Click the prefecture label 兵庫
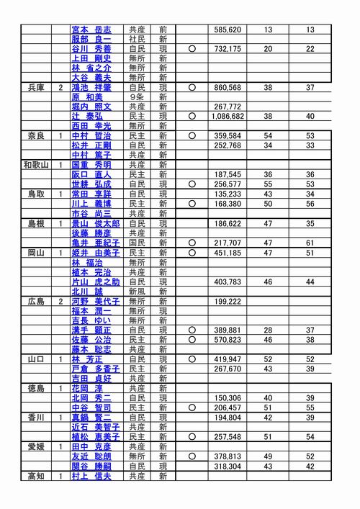pyautogui.click(x=35, y=87)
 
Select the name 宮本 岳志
pyautogui.click(x=91, y=30)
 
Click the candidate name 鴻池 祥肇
pyautogui.click(x=91, y=87)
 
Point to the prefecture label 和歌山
pyautogui.click(x=35, y=165)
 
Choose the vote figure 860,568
pyautogui.click(x=227, y=87)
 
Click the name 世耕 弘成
pyautogui.click(x=91, y=184)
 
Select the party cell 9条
pyautogui.click(x=137, y=96)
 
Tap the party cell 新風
pyautogui.click(x=137, y=292)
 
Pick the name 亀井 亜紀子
pyautogui.click(x=96, y=243)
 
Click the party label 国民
pyautogui.click(x=137, y=243)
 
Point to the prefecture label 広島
pyautogui.click(x=35, y=301)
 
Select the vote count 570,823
pyautogui.click(x=227, y=340)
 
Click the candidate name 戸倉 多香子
pyautogui.click(x=96, y=369)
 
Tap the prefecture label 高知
pyautogui.click(x=35, y=476)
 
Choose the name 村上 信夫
pyautogui.click(x=91, y=476)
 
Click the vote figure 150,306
pyautogui.click(x=227, y=397)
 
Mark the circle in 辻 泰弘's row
pyautogui.click(x=192, y=116)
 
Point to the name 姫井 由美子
pyautogui.click(x=96, y=253)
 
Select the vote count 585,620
pyautogui.click(x=227, y=30)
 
